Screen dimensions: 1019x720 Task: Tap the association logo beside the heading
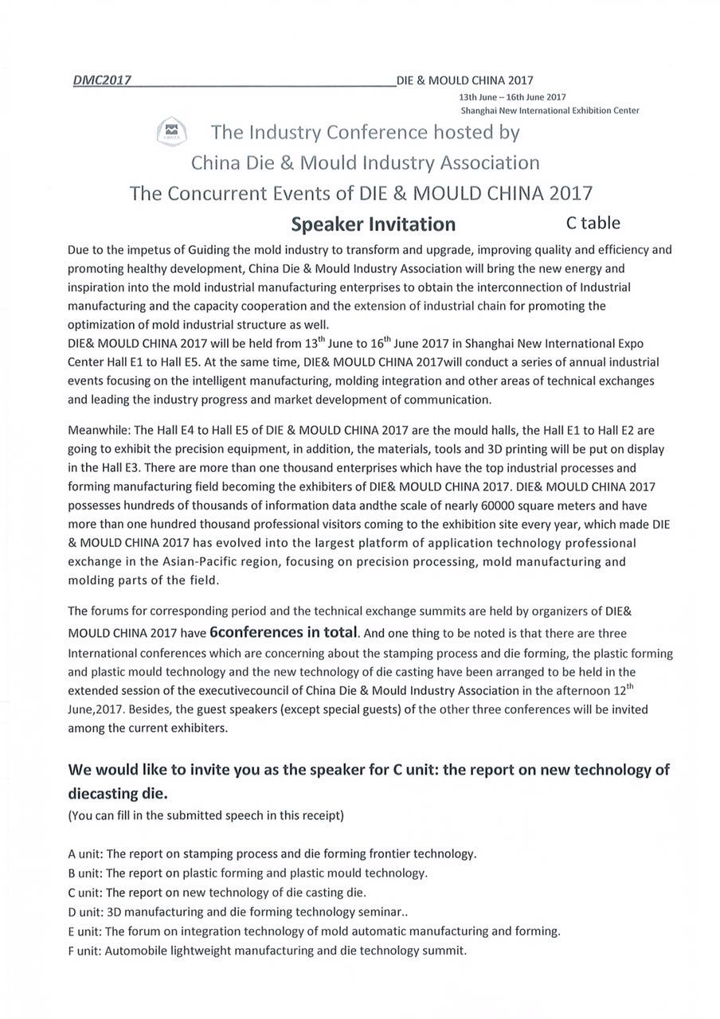171,131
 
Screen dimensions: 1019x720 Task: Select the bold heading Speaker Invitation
373,224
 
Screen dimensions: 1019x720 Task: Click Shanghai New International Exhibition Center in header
550,110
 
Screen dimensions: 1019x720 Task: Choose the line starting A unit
272,853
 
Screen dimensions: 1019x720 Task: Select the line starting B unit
248,873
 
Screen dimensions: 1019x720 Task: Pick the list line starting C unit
217,892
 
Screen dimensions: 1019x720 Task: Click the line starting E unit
314,931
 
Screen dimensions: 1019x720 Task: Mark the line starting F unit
268,950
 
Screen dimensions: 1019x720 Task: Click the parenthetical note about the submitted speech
206,815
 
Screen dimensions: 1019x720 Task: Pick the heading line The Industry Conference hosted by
365,131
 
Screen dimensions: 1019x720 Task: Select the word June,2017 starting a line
92,709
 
